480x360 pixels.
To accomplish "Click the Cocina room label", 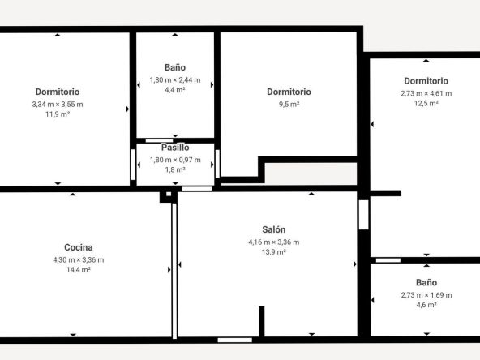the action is pos(79,247).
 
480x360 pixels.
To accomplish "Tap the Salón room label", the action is pos(274,229).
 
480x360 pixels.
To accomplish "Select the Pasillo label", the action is pos(175,148).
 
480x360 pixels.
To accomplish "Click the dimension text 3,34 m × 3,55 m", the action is pos(58,105).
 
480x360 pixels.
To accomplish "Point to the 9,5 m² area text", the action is pos(289,105).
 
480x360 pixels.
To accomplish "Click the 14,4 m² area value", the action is pos(79,270).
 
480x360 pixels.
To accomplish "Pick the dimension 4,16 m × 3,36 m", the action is pos(274,242).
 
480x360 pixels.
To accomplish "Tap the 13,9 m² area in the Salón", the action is pos(274,252).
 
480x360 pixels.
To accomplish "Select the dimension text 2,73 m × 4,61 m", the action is pos(426,93).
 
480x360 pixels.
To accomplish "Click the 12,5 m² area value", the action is pos(426,103).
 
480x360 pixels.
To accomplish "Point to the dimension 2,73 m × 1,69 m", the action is pos(426,295).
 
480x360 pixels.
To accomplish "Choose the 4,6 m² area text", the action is pos(426,305).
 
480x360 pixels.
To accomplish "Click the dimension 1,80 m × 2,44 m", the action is pos(175,80).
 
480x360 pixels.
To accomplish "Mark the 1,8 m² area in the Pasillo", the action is pos(175,169).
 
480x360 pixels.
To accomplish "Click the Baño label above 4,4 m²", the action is pos(175,67).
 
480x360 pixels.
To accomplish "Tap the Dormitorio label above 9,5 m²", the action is pos(289,92).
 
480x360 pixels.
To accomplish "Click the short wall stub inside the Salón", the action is pos(262,321).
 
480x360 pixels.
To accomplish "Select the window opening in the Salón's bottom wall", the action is pos(235,340).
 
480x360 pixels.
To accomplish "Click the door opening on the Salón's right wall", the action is pos(364,215).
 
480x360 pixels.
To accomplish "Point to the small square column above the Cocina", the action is pos(169,196).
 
